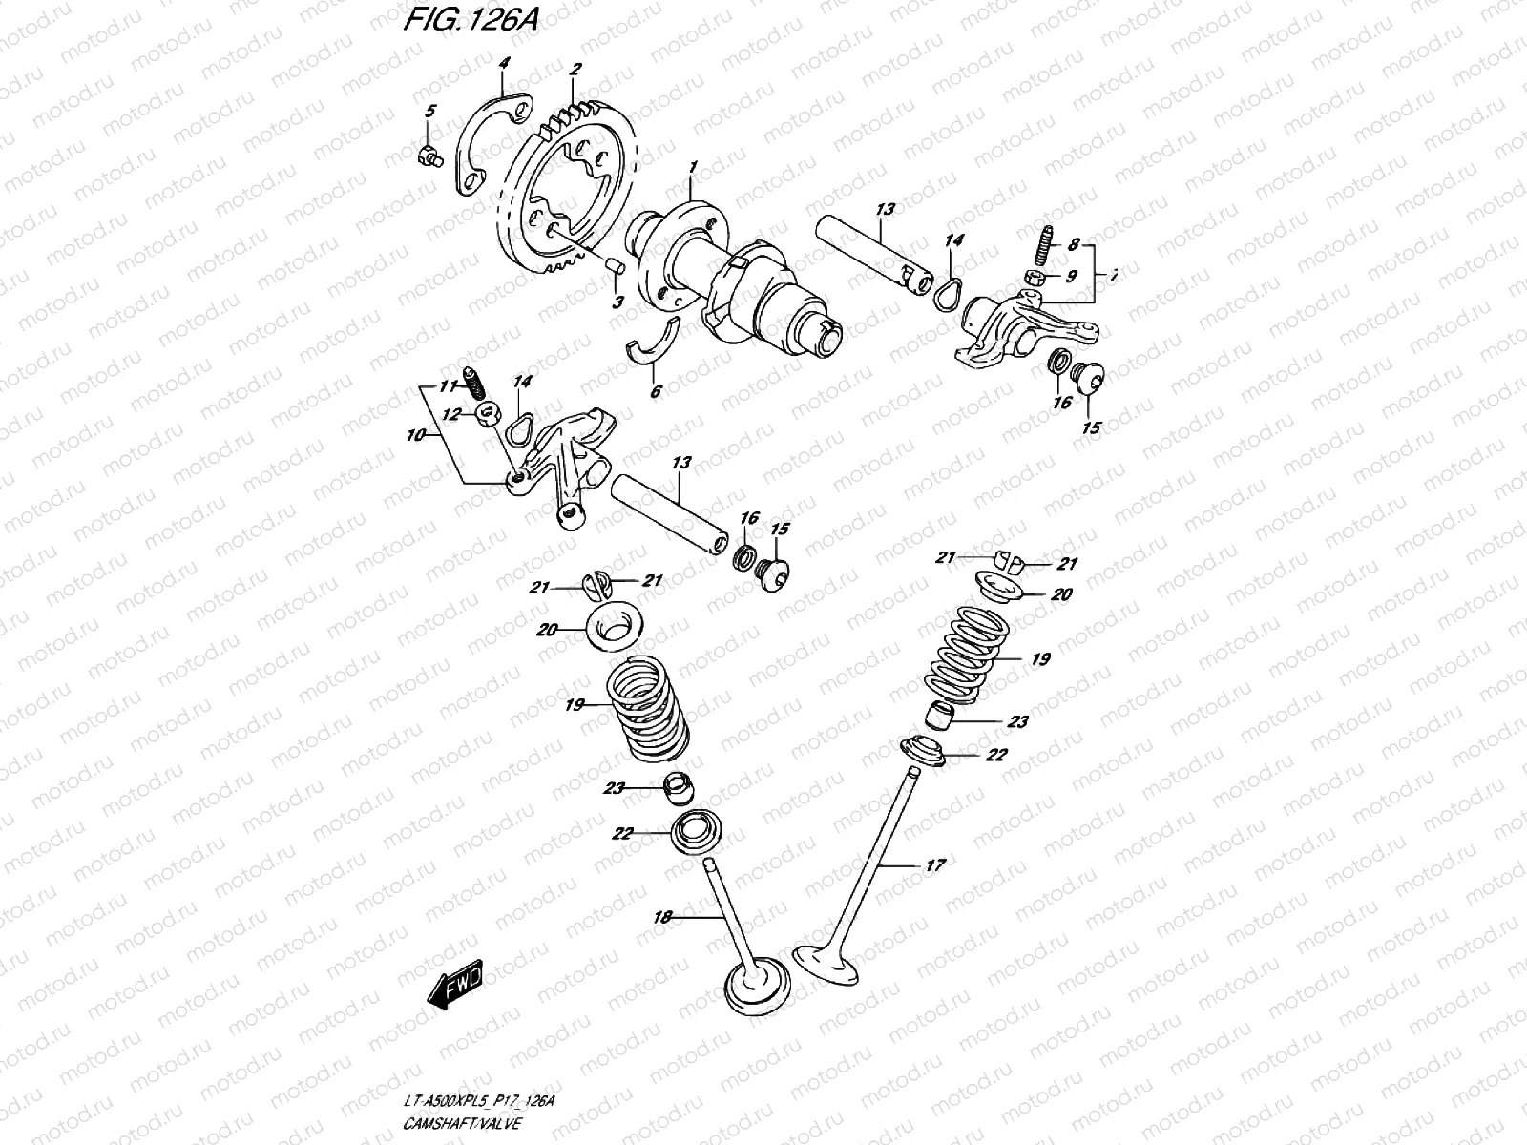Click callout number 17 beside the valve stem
click(935, 864)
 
